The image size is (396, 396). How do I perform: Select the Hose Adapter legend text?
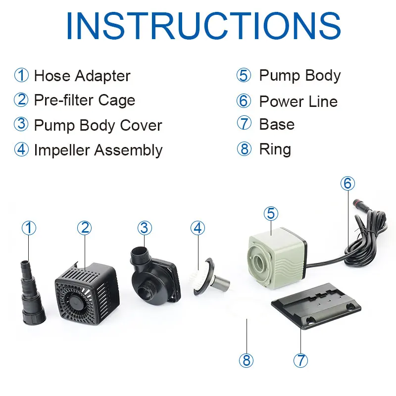[82, 76]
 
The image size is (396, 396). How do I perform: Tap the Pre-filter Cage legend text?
[85, 100]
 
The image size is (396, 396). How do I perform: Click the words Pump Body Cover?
[98, 125]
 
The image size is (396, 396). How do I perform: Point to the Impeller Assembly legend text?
[98, 149]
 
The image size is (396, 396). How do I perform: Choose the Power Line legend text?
[298, 101]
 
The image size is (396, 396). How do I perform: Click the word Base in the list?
[277, 124]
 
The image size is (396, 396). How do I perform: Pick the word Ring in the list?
[275, 149]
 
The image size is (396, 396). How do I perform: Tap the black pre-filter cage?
[87, 294]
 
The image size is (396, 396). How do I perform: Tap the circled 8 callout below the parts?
[246, 360]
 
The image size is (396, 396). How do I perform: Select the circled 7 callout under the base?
[300, 360]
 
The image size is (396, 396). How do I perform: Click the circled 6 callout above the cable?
[347, 183]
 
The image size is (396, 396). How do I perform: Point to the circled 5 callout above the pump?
[271, 214]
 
